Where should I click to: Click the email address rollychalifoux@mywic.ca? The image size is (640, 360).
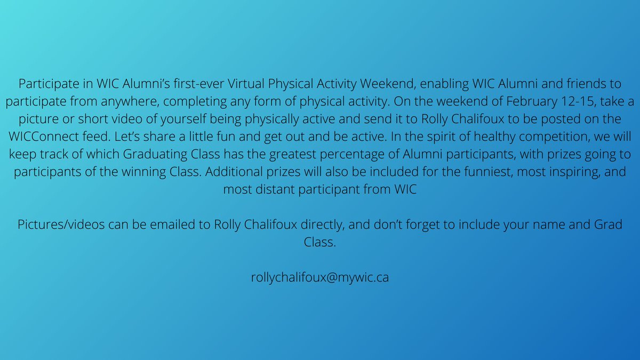[x=319, y=278]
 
